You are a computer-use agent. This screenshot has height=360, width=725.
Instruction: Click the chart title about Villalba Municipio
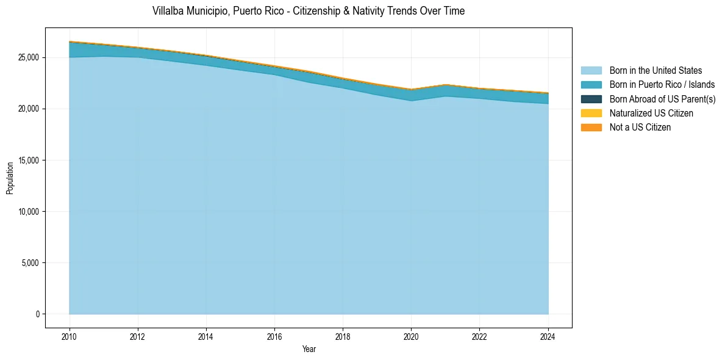308,11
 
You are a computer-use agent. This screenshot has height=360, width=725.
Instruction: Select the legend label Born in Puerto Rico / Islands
662,85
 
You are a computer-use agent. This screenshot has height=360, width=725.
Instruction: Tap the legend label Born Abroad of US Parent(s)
662,99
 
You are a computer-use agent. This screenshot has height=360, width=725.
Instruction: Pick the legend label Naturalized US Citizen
651,113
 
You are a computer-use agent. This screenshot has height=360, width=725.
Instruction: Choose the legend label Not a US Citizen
640,127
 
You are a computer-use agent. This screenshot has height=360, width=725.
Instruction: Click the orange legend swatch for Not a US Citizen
591,127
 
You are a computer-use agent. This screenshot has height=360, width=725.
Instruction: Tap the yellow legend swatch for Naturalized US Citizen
591,113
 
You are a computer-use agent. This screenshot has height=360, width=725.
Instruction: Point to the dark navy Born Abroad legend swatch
591,99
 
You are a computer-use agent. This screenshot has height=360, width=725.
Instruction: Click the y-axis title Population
10,178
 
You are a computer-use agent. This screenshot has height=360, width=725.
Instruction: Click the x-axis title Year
309,349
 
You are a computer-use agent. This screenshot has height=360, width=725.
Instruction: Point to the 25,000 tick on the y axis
28,57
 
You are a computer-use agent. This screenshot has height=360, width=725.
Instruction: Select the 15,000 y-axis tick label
28,160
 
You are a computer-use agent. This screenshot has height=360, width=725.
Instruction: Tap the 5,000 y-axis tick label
30,263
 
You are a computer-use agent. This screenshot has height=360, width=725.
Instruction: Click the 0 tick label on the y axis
37,314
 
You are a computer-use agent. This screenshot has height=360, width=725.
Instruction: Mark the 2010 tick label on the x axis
70,336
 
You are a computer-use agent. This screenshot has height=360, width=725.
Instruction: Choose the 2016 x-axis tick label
274,336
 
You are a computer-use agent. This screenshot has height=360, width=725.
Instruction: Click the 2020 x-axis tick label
412,336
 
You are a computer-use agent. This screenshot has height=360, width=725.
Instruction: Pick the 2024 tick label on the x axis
548,336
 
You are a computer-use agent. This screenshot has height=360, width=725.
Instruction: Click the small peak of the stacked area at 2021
446,85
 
